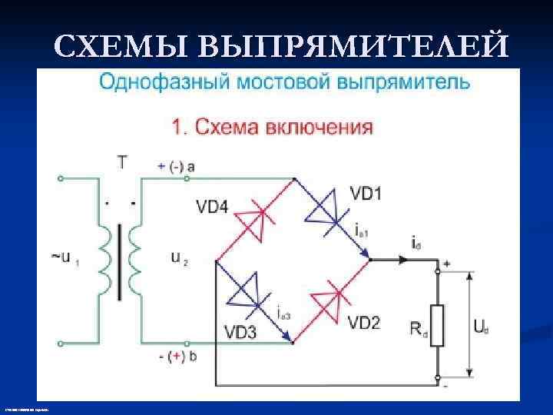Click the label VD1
[x=366, y=193]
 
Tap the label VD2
[x=363, y=323]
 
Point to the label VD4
[x=213, y=206]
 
